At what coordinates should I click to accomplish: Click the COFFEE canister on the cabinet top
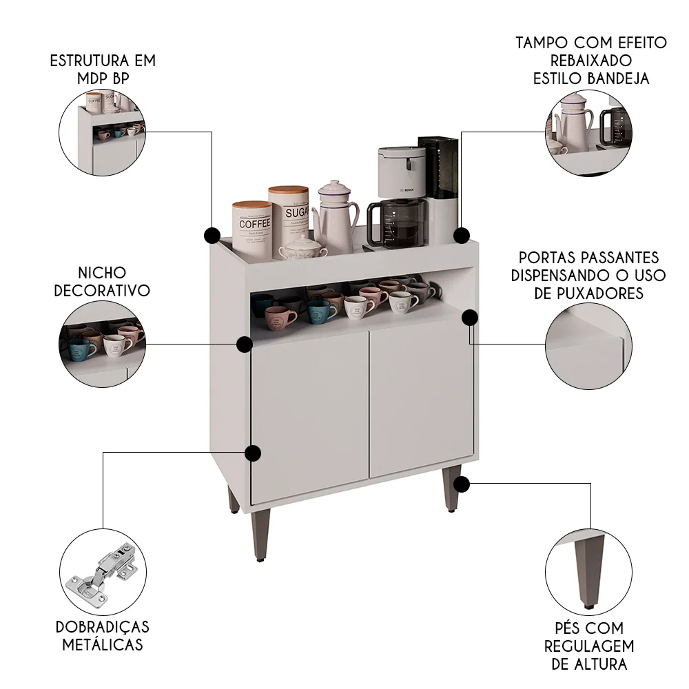coord(252,225)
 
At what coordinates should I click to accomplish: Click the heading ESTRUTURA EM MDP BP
coord(103,69)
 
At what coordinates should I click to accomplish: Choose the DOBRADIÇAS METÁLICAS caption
coord(103,636)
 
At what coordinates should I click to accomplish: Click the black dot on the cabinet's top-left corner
coord(212,236)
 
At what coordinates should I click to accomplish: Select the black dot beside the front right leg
coord(462,484)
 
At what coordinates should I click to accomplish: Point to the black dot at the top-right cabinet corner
coord(462,236)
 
